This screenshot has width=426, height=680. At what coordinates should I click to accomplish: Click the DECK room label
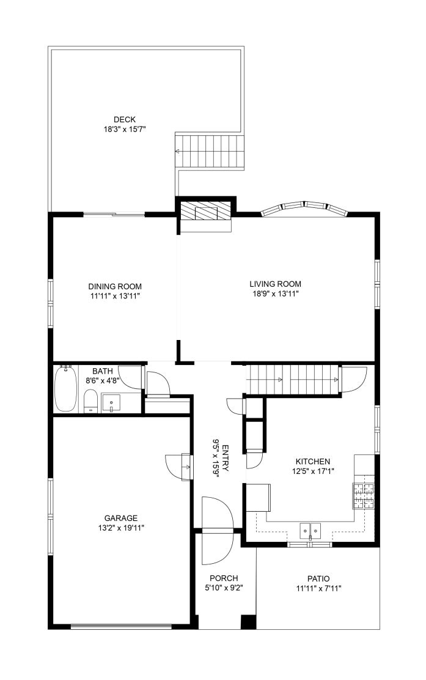124,119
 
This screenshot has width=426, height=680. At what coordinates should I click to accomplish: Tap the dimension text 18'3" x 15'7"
124,129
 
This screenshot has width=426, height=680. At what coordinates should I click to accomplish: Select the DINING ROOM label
115,286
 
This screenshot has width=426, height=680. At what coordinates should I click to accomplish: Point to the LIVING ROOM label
275,284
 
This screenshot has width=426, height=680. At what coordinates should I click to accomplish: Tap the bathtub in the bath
65,388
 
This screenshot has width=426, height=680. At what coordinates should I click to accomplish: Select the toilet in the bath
90,401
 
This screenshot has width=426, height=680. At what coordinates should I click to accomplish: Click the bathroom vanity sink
112,403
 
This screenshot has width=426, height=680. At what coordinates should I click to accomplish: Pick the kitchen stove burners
363,495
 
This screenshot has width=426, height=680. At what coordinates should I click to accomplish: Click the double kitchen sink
310,530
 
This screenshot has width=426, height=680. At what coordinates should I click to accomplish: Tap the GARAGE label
121,518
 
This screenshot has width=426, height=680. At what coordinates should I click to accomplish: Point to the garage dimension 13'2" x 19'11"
121,528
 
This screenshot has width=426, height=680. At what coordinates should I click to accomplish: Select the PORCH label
224,578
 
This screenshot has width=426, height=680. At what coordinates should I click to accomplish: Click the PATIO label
318,578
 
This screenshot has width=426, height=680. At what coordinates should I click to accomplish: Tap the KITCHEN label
313,462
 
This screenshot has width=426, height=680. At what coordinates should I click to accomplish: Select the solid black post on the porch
248,621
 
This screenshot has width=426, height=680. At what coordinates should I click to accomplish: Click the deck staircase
210,151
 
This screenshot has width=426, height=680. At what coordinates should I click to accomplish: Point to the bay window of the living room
304,208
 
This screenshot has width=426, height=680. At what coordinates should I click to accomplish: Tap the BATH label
103,371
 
